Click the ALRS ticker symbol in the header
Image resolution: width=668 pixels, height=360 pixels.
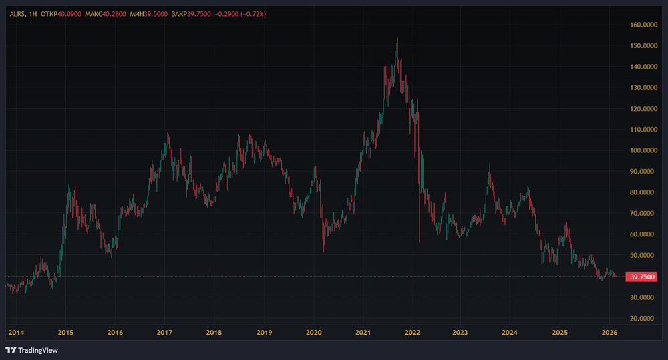[x=17, y=14]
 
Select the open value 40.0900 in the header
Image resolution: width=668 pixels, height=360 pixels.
[x=69, y=14]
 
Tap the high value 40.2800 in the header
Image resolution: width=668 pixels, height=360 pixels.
[x=114, y=14]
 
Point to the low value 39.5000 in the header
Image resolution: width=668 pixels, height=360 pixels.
[x=156, y=14]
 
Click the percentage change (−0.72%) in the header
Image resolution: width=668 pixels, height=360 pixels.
[x=253, y=14]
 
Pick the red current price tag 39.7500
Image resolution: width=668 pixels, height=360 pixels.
[x=641, y=277]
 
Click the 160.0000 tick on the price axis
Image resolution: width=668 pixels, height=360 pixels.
[x=644, y=25]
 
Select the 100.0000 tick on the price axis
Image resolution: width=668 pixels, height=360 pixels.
[x=644, y=150]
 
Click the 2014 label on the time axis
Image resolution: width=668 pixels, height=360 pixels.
[x=16, y=333]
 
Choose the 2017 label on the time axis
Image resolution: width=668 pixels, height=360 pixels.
[x=164, y=333]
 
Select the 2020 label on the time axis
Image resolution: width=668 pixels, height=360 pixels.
[x=313, y=333]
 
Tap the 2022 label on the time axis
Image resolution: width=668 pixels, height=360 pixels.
[x=412, y=333]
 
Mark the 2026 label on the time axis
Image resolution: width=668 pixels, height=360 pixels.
[x=609, y=333]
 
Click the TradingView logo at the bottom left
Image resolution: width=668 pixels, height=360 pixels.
[x=32, y=350]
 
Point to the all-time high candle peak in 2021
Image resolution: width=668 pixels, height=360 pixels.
[x=397, y=38]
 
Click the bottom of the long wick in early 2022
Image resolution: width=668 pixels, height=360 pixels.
[x=420, y=242]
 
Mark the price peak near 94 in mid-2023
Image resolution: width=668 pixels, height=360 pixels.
[x=490, y=164]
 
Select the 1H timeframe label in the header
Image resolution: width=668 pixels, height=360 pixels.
[x=33, y=14]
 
